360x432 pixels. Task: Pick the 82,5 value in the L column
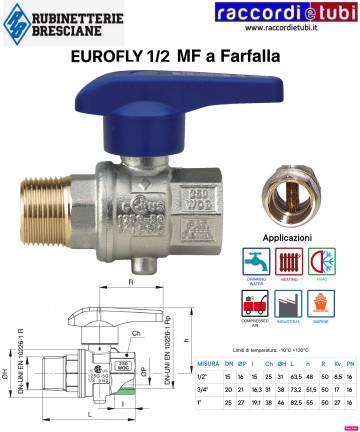click(x=295, y=405)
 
